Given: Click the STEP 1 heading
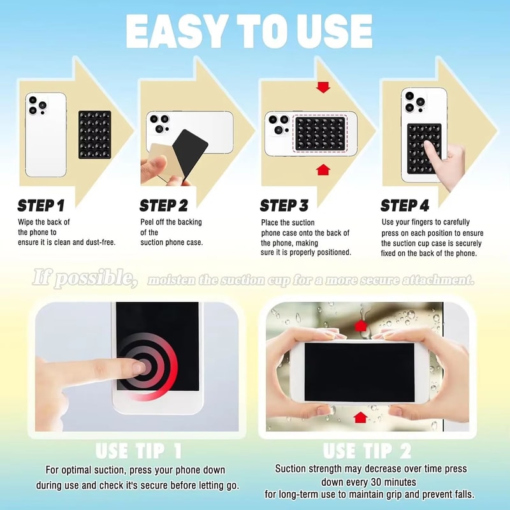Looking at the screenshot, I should click(41, 205).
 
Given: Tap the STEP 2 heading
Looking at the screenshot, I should click(164, 205).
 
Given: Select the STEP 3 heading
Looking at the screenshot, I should click(284, 205).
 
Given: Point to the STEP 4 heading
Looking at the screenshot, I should click(405, 205).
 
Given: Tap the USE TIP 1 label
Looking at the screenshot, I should click(138, 451).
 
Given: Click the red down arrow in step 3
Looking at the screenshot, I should click(323, 87).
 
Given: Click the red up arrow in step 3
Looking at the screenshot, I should click(323, 170).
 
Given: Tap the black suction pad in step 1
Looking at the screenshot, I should click(95, 135).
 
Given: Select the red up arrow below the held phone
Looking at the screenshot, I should click(360, 418).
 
